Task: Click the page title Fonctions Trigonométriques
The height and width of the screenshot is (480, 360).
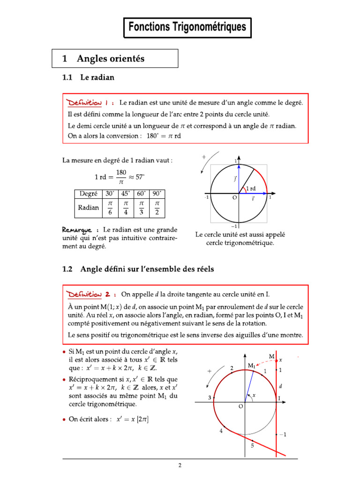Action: (x=187, y=27)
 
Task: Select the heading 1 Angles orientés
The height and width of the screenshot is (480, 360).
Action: (x=104, y=59)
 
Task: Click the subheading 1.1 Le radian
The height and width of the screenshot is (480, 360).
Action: (x=88, y=78)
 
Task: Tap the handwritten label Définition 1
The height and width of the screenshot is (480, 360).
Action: (x=89, y=102)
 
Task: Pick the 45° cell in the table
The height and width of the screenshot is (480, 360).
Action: (x=125, y=193)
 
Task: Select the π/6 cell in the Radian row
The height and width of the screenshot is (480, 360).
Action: (x=111, y=208)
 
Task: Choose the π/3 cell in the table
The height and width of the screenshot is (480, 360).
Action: (x=141, y=208)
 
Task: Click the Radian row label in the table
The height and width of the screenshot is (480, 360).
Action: (x=89, y=208)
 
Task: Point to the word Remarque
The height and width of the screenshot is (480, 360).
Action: (x=78, y=230)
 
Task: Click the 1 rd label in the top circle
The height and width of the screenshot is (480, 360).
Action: (x=251, y=188)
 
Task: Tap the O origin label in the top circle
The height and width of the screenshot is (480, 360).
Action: (x=234, y=198)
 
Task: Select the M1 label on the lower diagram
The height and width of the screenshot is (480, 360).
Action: (x=252, y=365)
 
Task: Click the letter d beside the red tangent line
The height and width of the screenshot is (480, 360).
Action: (x=280, y=387)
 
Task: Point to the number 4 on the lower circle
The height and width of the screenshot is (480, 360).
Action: (x=221, y=431)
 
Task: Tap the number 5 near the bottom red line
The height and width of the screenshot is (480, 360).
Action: (x=252, y=446)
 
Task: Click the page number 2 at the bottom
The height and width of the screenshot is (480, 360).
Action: (x=180, y=465)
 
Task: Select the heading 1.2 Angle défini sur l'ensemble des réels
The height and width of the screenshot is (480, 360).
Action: (x=138, y=269)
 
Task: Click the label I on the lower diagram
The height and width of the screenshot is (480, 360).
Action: (x=279, y=398)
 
